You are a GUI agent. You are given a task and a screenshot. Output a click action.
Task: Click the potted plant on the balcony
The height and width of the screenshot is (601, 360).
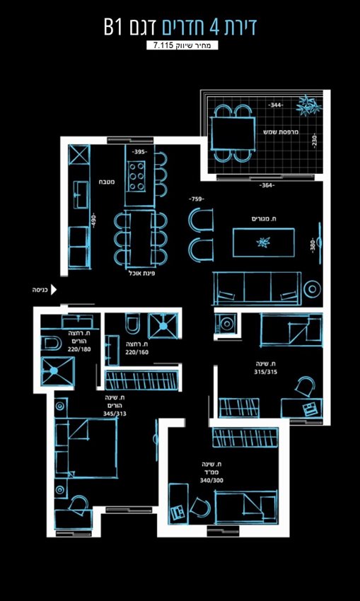click(308, 105)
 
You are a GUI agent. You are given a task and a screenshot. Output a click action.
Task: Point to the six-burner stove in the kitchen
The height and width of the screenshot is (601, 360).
click(137, 176)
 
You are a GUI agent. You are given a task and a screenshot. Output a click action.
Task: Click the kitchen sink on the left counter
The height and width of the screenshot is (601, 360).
click(81, 194)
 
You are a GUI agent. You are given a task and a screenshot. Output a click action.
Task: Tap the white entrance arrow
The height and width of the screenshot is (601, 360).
click(54, 289)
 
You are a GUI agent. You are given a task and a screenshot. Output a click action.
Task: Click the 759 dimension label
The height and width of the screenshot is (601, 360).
click(197, 199)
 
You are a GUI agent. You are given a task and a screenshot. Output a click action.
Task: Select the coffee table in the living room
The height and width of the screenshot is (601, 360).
click(263, 243)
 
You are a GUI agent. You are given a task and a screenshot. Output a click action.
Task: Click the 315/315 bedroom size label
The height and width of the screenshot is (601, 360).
click(265, 371)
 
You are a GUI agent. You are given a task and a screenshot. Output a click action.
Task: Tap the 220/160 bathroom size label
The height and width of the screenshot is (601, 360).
click(139, 352)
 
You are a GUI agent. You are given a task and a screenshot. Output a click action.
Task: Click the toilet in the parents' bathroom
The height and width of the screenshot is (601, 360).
click(50, 343)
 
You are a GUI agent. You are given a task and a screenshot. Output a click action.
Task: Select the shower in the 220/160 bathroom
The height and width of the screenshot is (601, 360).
click(163, 326)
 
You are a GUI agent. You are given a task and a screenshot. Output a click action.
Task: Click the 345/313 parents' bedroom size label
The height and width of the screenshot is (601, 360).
click(115, 414)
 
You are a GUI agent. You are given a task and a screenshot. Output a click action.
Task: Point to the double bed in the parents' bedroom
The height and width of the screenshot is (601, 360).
click(86, 448)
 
